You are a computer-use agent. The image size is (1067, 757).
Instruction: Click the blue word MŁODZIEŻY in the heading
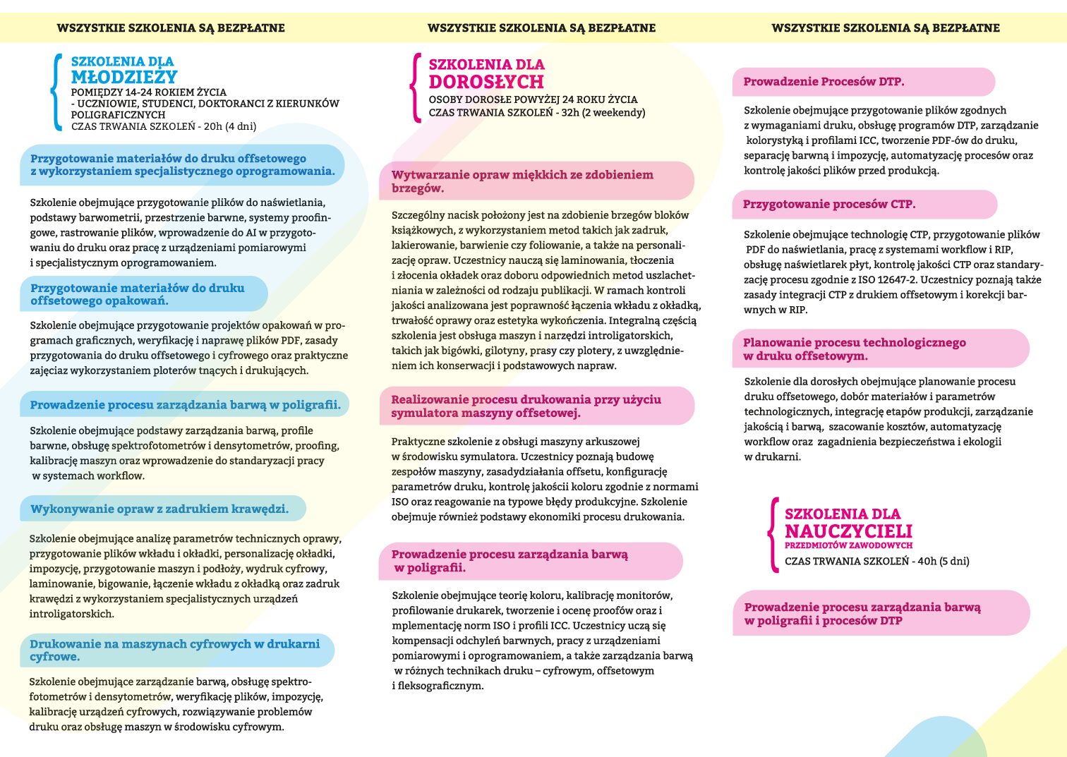tap(123, 77)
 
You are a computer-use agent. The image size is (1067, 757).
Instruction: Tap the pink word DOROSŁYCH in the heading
tap(486, 82)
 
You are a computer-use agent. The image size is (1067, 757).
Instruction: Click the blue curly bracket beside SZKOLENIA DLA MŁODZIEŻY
tap(56, 92)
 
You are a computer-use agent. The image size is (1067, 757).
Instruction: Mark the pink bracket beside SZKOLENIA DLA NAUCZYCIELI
tap(773, 534)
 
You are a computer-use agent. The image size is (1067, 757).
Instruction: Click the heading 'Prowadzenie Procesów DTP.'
tap(824, 82)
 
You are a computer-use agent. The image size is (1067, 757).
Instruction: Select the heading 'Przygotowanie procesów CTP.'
tap(828, 205)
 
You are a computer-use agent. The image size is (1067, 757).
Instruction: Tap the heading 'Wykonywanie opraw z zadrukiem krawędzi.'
tap(159, 509)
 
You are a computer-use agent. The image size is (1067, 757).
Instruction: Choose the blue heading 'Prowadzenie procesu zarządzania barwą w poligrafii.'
tap(185, 405)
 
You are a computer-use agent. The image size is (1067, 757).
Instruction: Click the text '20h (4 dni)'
tap(229, 127)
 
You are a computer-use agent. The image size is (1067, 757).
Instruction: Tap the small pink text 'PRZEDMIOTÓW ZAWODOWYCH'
tap(848, 545)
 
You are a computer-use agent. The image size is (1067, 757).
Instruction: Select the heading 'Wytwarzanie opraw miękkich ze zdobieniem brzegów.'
tap(522, 181)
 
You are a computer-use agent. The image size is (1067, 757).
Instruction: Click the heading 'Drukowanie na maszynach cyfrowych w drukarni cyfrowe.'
tap(174, 650)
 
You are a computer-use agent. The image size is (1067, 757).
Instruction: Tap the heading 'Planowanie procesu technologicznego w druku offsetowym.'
tap(854, 349)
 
